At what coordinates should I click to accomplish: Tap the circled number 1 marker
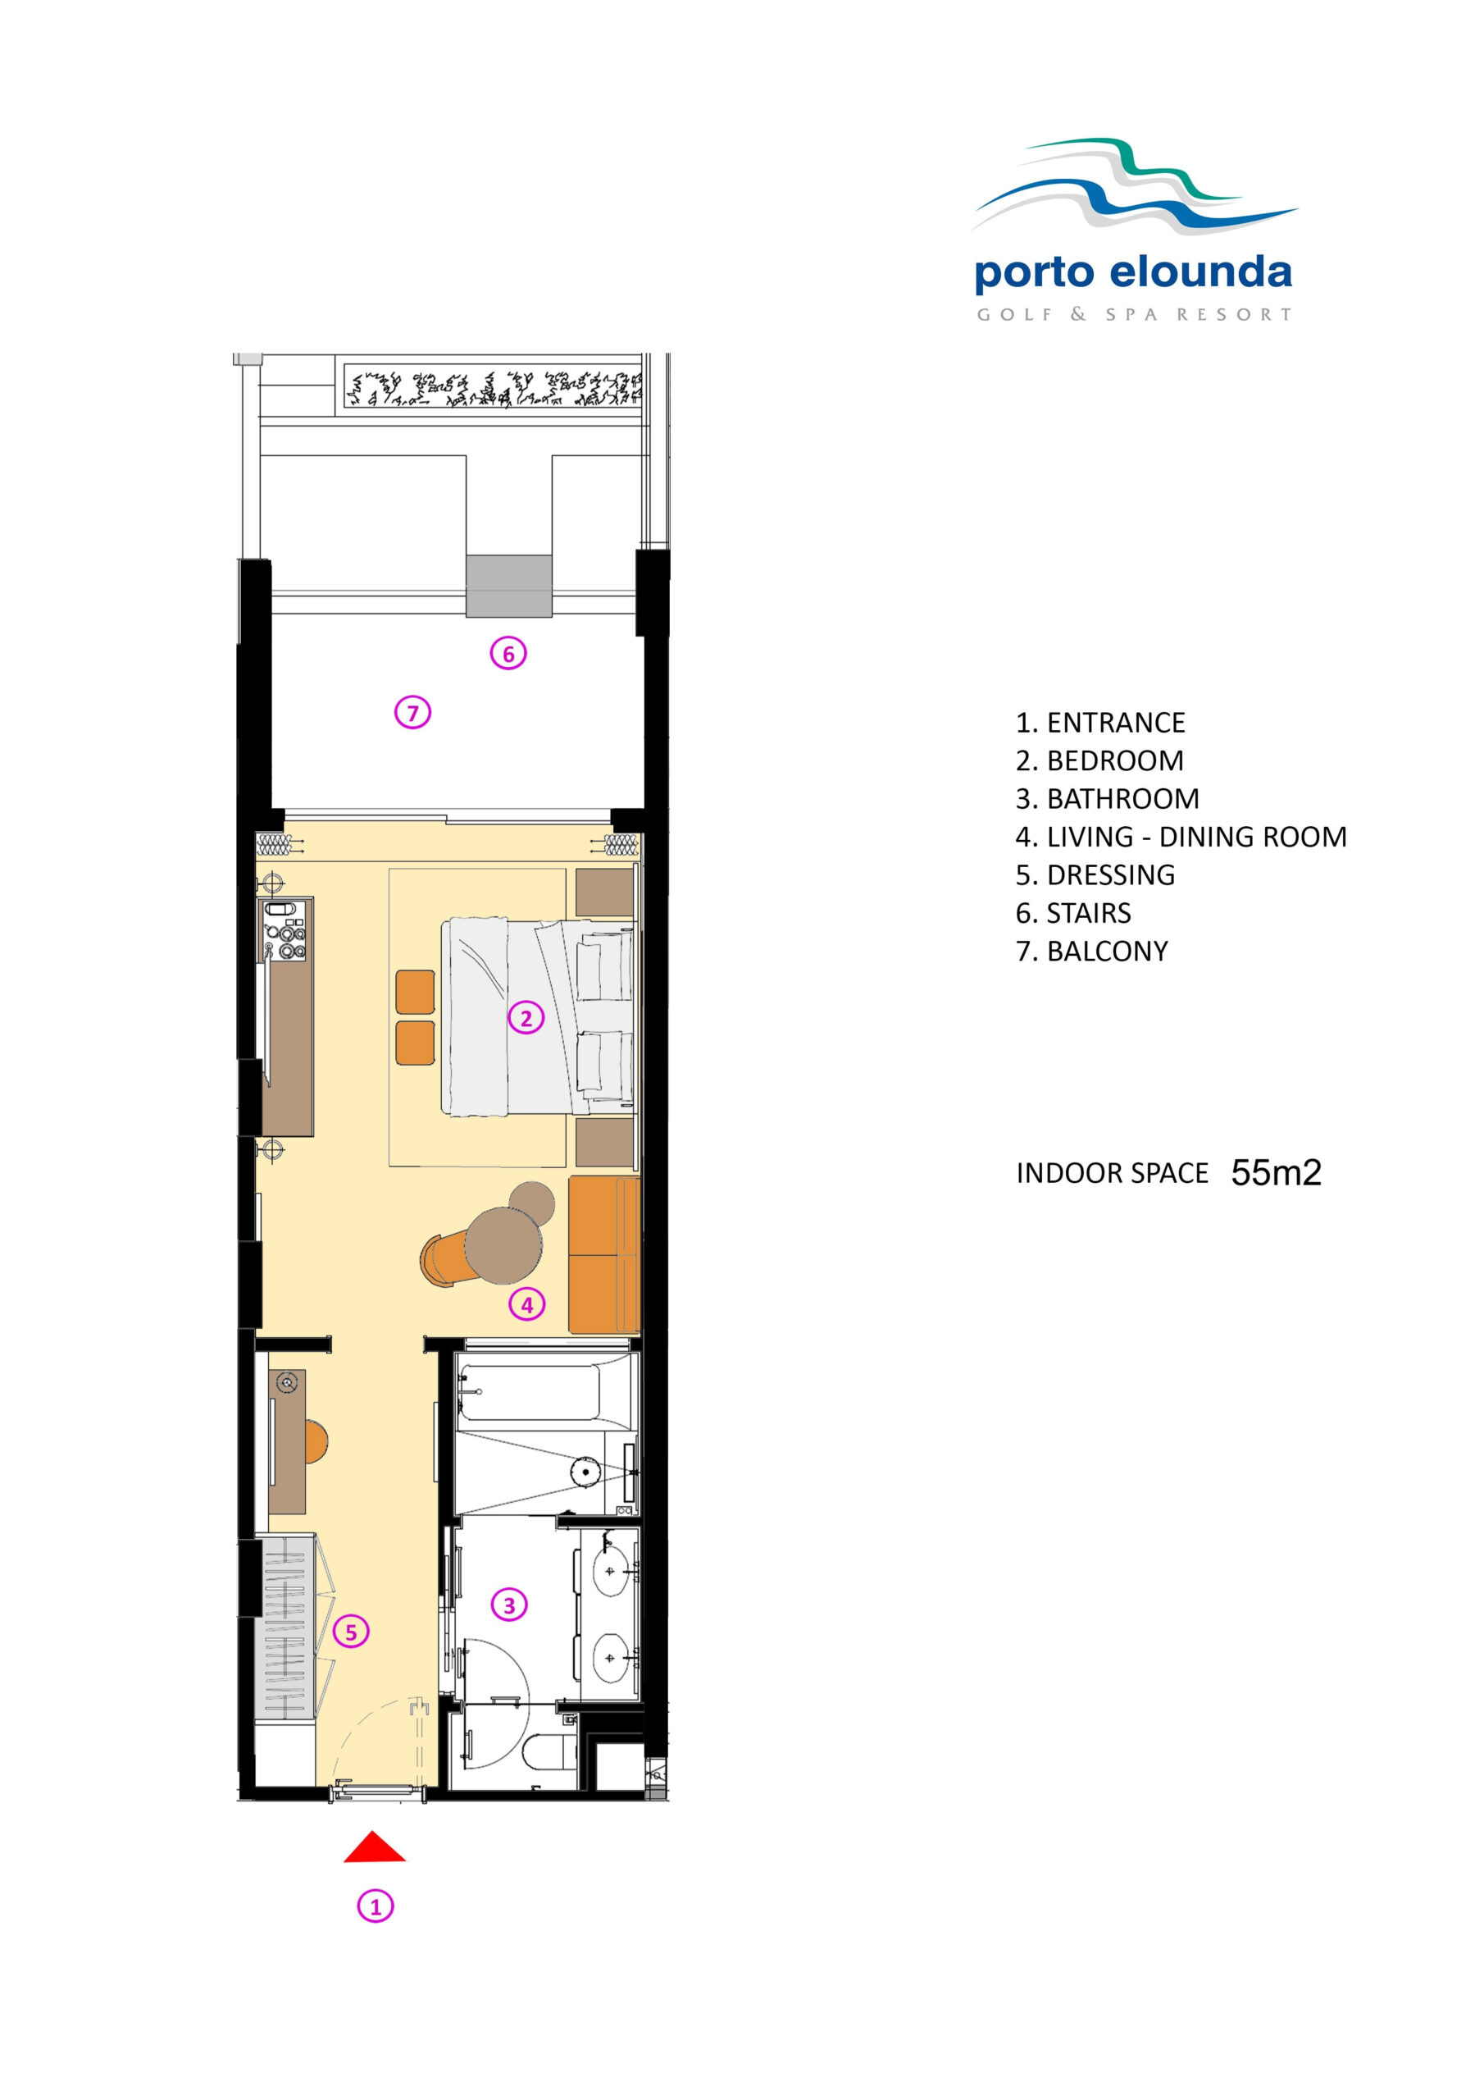(375, 1906)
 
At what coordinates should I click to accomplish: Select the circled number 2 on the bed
(526, 1017)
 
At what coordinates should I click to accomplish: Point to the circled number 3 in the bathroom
(509, 1605)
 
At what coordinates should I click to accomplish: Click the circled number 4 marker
(526, 1304)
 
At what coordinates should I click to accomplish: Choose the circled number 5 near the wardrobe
(351, 1632)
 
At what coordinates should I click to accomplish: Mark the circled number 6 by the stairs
(508, 653)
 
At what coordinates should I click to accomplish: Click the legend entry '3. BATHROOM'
(1108, 798)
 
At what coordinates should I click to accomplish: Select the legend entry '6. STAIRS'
(1073, 913)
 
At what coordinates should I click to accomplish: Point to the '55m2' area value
(1277, 1172)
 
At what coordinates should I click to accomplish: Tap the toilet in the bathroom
(549, 1752)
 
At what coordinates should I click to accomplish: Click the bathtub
(530, 1392)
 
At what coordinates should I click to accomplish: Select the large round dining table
(503, 1244)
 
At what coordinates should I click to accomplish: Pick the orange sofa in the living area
(604, 1255)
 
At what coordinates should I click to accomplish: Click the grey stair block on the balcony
(509, 586)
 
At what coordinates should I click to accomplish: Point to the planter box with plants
(493, 387)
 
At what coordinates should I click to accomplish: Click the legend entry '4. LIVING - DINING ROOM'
(1181, 837)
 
